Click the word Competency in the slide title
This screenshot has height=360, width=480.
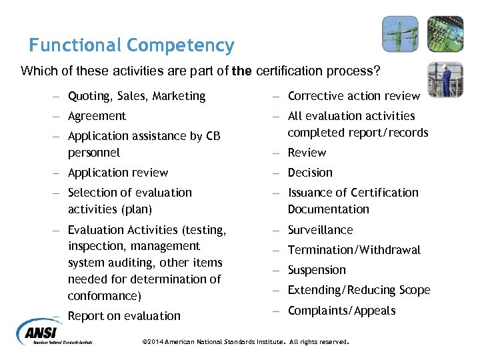click(181, 45)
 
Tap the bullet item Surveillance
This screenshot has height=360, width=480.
click(320, 229)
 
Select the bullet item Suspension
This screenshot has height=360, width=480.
click(317, 270)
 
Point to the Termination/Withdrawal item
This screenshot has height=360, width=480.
click(354, 250)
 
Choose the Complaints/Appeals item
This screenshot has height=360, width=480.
click(341, 311)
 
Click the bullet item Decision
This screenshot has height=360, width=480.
click(310, 173)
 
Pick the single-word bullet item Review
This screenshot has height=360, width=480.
click(307, 153)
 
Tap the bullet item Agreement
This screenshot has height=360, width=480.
click(97, 116)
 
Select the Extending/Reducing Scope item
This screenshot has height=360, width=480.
click(359, 290)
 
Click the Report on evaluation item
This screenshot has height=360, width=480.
click(124, 316)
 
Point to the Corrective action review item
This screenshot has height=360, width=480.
click(353, 96)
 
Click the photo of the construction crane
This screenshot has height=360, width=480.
click(400, 34)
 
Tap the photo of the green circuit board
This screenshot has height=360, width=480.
click(445, 34)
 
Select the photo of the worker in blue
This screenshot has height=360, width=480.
click(445, 79)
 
